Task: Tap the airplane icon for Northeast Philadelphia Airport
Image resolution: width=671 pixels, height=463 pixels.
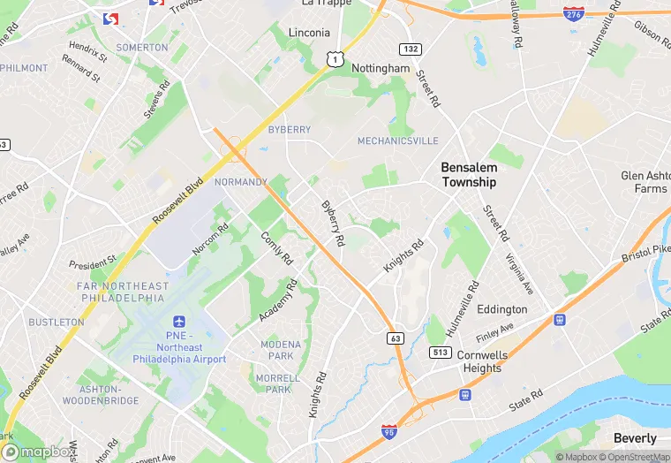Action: tap(179, 324)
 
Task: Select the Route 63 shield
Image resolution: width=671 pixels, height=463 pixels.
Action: tap(395, 338)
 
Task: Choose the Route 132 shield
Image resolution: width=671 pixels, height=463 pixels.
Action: tap(409, 49)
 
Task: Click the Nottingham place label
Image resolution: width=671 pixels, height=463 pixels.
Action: tap(381, 68)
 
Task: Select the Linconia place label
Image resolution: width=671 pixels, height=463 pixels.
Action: tap(309, 33)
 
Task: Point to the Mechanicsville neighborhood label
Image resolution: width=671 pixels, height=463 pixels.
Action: tap(397, 140)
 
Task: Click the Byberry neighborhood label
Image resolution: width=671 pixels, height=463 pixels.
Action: tap(289, 129)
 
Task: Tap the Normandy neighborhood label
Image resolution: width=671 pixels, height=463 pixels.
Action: tap(240, 182)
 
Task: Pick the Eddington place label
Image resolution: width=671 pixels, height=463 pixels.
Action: tap(501, 309)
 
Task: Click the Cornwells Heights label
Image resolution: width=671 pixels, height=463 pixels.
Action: tap(482, 361)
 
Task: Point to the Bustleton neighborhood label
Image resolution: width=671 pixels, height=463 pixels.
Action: tap(56, 323)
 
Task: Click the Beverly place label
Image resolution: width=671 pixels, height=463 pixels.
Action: tap(635, 438)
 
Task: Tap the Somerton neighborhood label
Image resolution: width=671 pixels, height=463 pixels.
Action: tap(141, 48)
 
